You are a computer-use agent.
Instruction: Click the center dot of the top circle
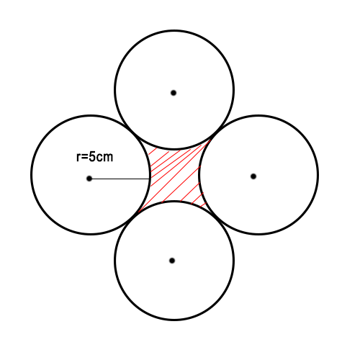coord(174,93)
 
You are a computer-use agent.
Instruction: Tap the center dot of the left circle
coord(89,179)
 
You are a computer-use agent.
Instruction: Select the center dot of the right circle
coord(253,176)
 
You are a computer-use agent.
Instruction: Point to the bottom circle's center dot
coord(172,261)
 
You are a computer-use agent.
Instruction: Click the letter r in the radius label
coord(78,158)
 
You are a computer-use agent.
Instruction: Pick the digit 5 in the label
coord(92,157)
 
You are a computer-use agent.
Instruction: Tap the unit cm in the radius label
coord(104,158)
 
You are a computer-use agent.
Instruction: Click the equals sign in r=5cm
coord(84,158)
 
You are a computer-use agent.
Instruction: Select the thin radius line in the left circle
coord(120,179)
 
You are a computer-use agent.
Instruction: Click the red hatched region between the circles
coord(175,175)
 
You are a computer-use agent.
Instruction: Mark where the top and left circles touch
coord(132,132)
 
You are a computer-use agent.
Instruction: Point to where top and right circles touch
coord(217,133)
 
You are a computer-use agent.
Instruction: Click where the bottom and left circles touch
coord(132,218)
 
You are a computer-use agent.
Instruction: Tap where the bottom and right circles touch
coord(217,218)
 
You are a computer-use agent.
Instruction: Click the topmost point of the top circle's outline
coord(174,30)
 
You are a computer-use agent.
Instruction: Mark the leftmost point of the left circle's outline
coord(32,175)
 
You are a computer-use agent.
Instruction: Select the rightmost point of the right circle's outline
coord(318,175)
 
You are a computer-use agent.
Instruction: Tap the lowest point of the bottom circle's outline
coord(174,320)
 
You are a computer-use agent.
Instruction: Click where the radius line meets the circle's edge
coord(150,179)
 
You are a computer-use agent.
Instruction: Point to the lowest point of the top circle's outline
coord(174,149)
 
